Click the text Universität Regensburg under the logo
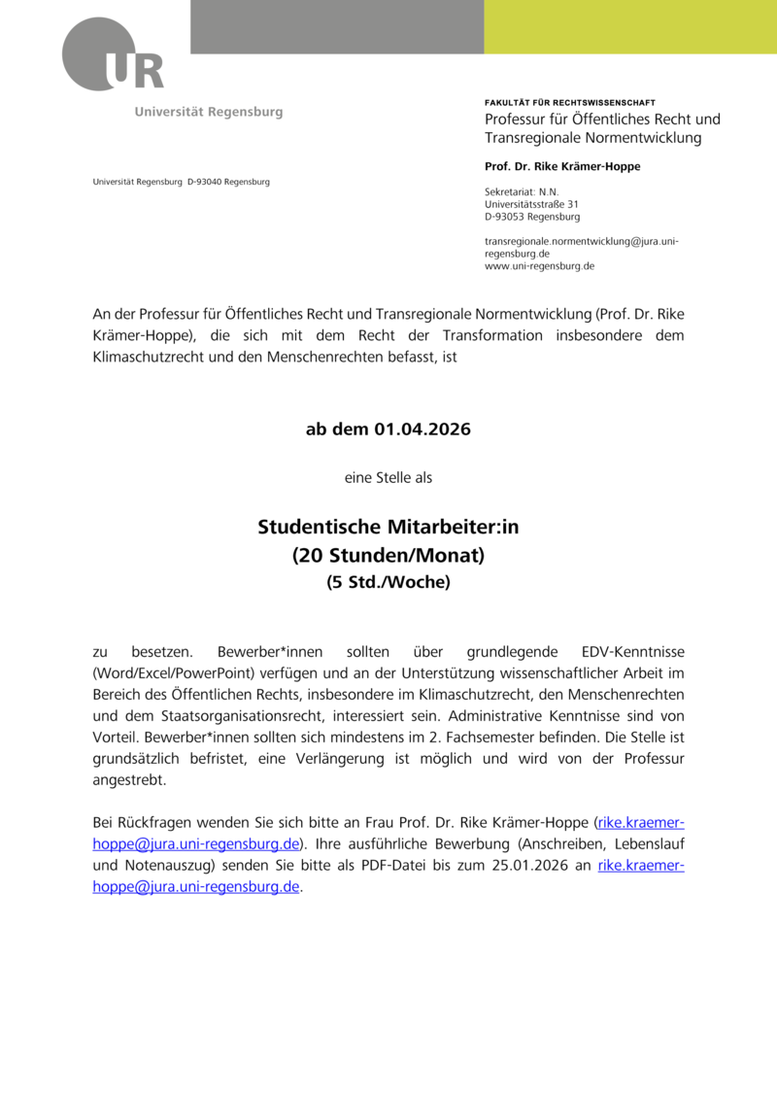209,112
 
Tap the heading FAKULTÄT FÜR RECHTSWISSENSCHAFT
569,102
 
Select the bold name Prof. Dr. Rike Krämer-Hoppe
561,166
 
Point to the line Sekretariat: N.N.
522,192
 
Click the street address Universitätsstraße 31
531,205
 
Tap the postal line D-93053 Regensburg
532,218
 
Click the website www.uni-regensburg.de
539,265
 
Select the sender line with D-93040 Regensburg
182,182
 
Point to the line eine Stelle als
388,478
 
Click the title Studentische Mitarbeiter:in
388,528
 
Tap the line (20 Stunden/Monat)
388,556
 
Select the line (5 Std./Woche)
388,583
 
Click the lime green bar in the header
630,26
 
